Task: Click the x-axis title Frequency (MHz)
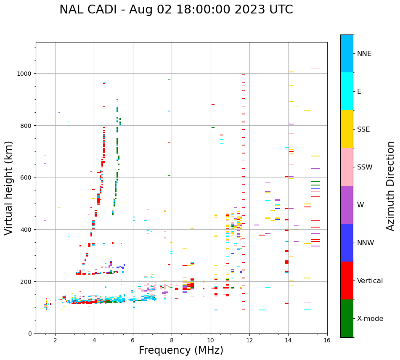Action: [181, 350]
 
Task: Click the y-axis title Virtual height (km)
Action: [9, 188]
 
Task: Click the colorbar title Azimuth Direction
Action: [390, 186]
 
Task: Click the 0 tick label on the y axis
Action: [30, 334]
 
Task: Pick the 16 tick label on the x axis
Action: [327, 341]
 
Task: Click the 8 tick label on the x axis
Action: [172, 341]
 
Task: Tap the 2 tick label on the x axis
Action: [55, 341]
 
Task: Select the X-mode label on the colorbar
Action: [370, 319]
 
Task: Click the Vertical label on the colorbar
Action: [370, 281]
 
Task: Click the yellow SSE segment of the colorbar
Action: [347, 129]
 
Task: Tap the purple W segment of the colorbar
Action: [347, 205]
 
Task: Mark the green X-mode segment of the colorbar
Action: [347, 318]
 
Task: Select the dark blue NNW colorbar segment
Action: [347, 243]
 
